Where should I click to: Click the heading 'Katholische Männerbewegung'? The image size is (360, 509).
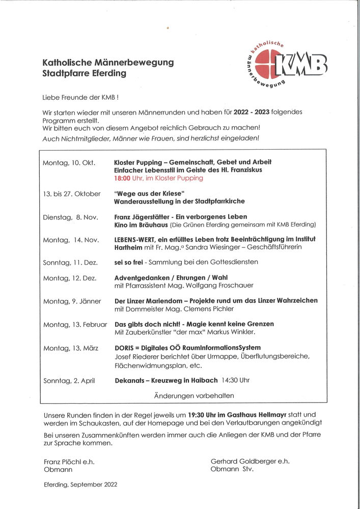coord(108,63)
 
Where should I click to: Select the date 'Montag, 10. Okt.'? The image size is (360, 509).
coord(69,162)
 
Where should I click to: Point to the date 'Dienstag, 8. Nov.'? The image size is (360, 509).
coord(71,217)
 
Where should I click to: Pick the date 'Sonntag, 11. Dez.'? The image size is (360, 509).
coord(70,262)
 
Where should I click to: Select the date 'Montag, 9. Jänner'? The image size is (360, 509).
coord(72,301)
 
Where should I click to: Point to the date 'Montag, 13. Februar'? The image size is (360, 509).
coord(75,324)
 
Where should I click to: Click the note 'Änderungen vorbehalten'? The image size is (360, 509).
coord(194,395)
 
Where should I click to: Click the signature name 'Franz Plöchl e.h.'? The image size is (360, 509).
coord(69,462)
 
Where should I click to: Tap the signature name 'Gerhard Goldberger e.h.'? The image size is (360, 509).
coord(250,461)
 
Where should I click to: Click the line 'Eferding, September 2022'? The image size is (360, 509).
coord(80,485)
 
